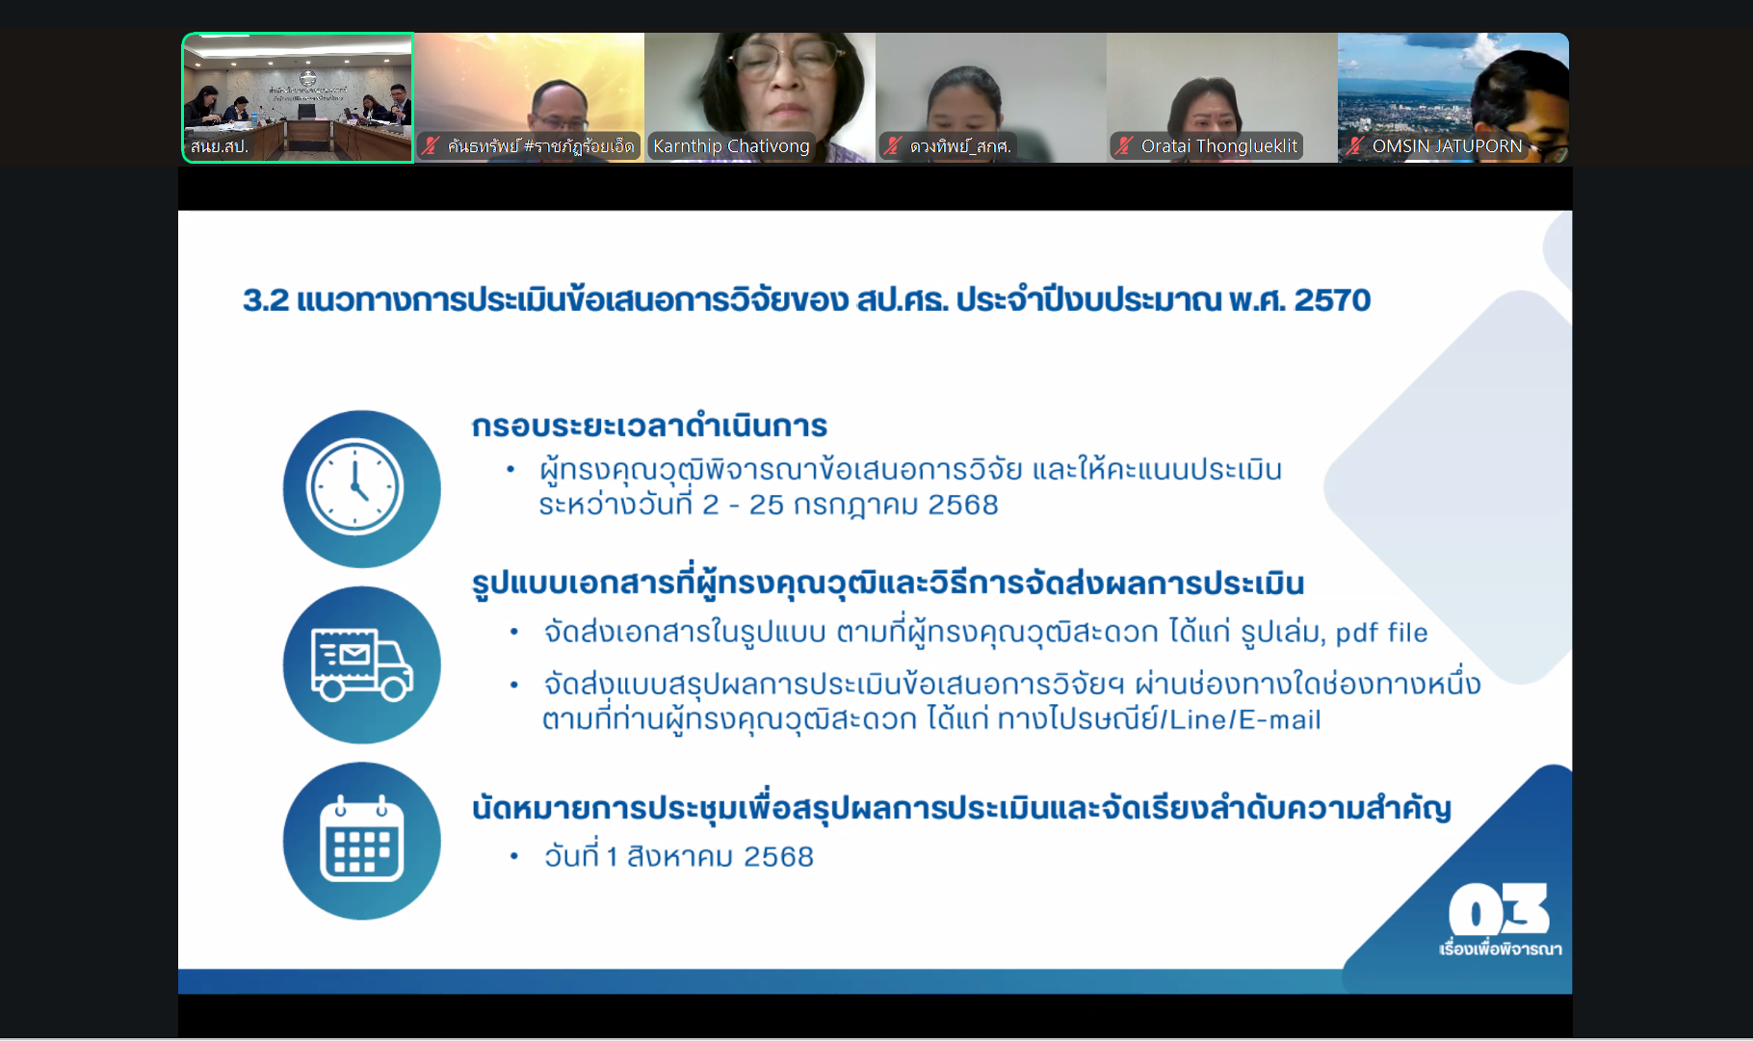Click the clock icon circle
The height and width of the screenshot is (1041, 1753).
[361, 488]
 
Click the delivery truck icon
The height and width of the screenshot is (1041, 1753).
[361, 664]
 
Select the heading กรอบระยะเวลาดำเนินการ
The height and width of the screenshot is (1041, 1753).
[649, 426]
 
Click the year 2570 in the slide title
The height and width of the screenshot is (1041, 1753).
[1332, 300]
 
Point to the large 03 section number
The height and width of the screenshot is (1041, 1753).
[1499, 909]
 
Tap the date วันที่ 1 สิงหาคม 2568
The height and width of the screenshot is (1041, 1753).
[679, 855]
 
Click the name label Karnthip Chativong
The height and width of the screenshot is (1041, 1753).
[731, 146]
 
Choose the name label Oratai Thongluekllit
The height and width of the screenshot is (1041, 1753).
[1219, 146]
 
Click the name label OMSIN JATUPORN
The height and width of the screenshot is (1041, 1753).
[1447, 146]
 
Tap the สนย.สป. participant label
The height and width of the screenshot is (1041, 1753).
[220, 146]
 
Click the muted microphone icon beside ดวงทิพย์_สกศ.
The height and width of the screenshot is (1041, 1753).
[893, 146]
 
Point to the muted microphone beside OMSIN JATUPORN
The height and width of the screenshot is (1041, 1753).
[1355, 146]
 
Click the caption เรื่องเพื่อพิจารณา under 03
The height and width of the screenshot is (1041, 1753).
[1501, 950]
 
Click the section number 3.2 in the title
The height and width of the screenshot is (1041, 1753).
[266, 300]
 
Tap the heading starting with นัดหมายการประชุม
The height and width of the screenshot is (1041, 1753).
[961, 808]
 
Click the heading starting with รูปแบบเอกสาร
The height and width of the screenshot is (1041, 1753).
[888, 584]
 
